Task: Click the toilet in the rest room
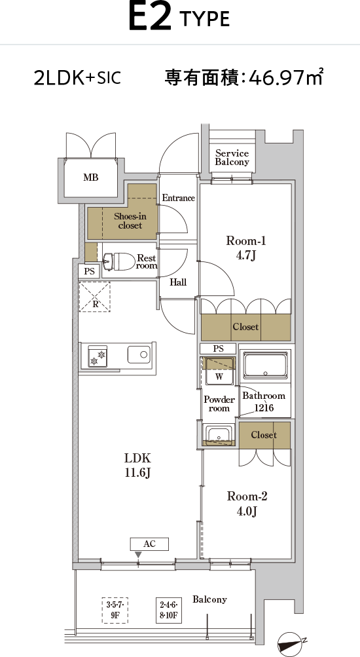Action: coord(119,261)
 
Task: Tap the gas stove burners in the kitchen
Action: coord(98,356)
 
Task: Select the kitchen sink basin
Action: coord(139,355)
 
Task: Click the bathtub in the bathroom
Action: coord(265,365)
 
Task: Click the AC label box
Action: coord(149,544)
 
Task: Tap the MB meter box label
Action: coord(91,178)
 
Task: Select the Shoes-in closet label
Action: coord(130,221)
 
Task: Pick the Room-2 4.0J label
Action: coord(247,504)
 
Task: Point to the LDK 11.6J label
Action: coord(137,465)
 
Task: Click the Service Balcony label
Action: coord(232,158)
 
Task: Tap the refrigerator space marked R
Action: coord(95,297)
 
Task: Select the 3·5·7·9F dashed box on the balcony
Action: coord(115,610)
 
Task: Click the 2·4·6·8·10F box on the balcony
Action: coord(169,610)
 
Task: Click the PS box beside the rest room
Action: coord(89,271)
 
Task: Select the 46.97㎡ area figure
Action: coord(285,77)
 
